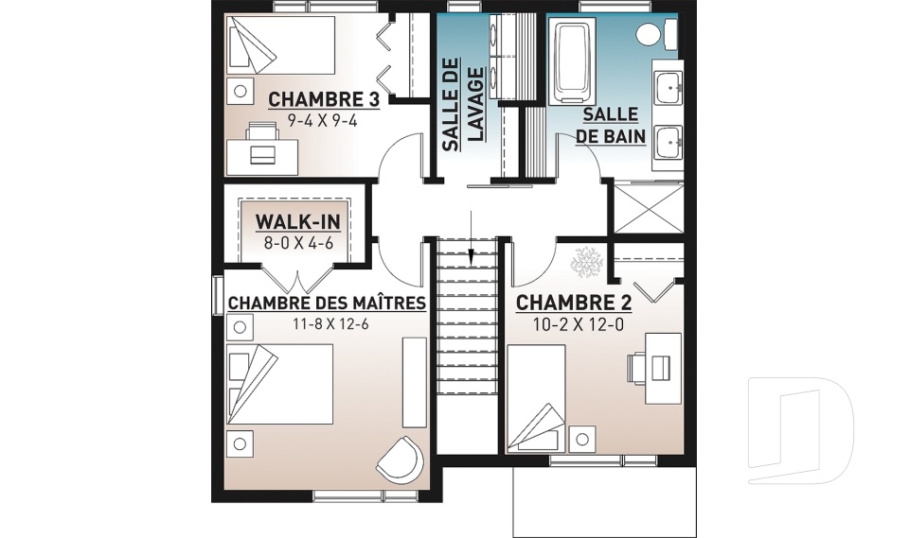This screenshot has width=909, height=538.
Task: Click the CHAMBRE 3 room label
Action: [x=324, y=99]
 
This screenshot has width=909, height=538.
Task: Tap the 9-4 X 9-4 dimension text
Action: [x=322, y=121]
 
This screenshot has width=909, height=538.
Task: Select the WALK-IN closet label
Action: [x=297, y=222]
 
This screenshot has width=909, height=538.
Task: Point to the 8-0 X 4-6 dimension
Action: [x=298, y=243]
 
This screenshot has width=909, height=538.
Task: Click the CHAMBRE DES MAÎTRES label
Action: [x=327, y=303]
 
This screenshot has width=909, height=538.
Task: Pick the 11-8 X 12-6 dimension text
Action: [x=331, y=324]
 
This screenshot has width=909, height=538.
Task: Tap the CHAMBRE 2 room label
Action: [x=574, y=303]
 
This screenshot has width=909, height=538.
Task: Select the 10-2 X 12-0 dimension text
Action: [x=578, y=325]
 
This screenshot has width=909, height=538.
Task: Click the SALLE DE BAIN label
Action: [x=611, y=125]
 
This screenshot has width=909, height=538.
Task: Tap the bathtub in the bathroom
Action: [x=573, y=60]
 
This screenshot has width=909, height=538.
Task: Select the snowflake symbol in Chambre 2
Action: [x=588, y=260]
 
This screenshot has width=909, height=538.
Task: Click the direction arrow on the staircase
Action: [x=472, y=238]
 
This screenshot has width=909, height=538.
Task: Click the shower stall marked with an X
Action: [x=648, y=207]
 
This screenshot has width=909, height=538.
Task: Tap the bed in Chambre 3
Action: [x=280, y=44]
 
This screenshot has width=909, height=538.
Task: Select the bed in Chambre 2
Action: [x=536, y=398]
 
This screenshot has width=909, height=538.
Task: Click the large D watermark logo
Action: [x=800, y=430]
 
